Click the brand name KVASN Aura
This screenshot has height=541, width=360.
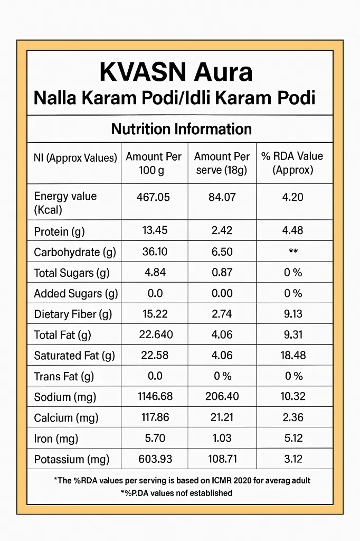[x=176, y=71]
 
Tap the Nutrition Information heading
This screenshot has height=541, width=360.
[x=181, y=129]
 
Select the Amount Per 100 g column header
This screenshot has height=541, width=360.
[x=154, y=163]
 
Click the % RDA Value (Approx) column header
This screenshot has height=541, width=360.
[x=292, y=163]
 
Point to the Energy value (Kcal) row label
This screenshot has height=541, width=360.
[x=65, y=203]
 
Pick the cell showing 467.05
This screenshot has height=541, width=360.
[x=153, y=197]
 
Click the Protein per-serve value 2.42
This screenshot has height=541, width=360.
[x=222, y=231]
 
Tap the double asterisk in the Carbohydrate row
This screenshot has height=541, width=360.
[x=293, y=252]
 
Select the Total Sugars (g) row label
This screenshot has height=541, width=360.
[x=71, y=273]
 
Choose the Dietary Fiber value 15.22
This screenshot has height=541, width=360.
[x=155, y=314]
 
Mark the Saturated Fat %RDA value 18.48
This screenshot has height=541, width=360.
[x=293, y=355]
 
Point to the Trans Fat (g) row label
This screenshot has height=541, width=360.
[x=64, y=376]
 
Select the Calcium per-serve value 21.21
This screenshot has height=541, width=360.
[x=222, y=417]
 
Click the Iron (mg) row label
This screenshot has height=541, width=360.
[x=55, y=439]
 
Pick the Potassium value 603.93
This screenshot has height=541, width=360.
[x=155, y=459]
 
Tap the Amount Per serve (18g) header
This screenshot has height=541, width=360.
[x=222, y=163]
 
